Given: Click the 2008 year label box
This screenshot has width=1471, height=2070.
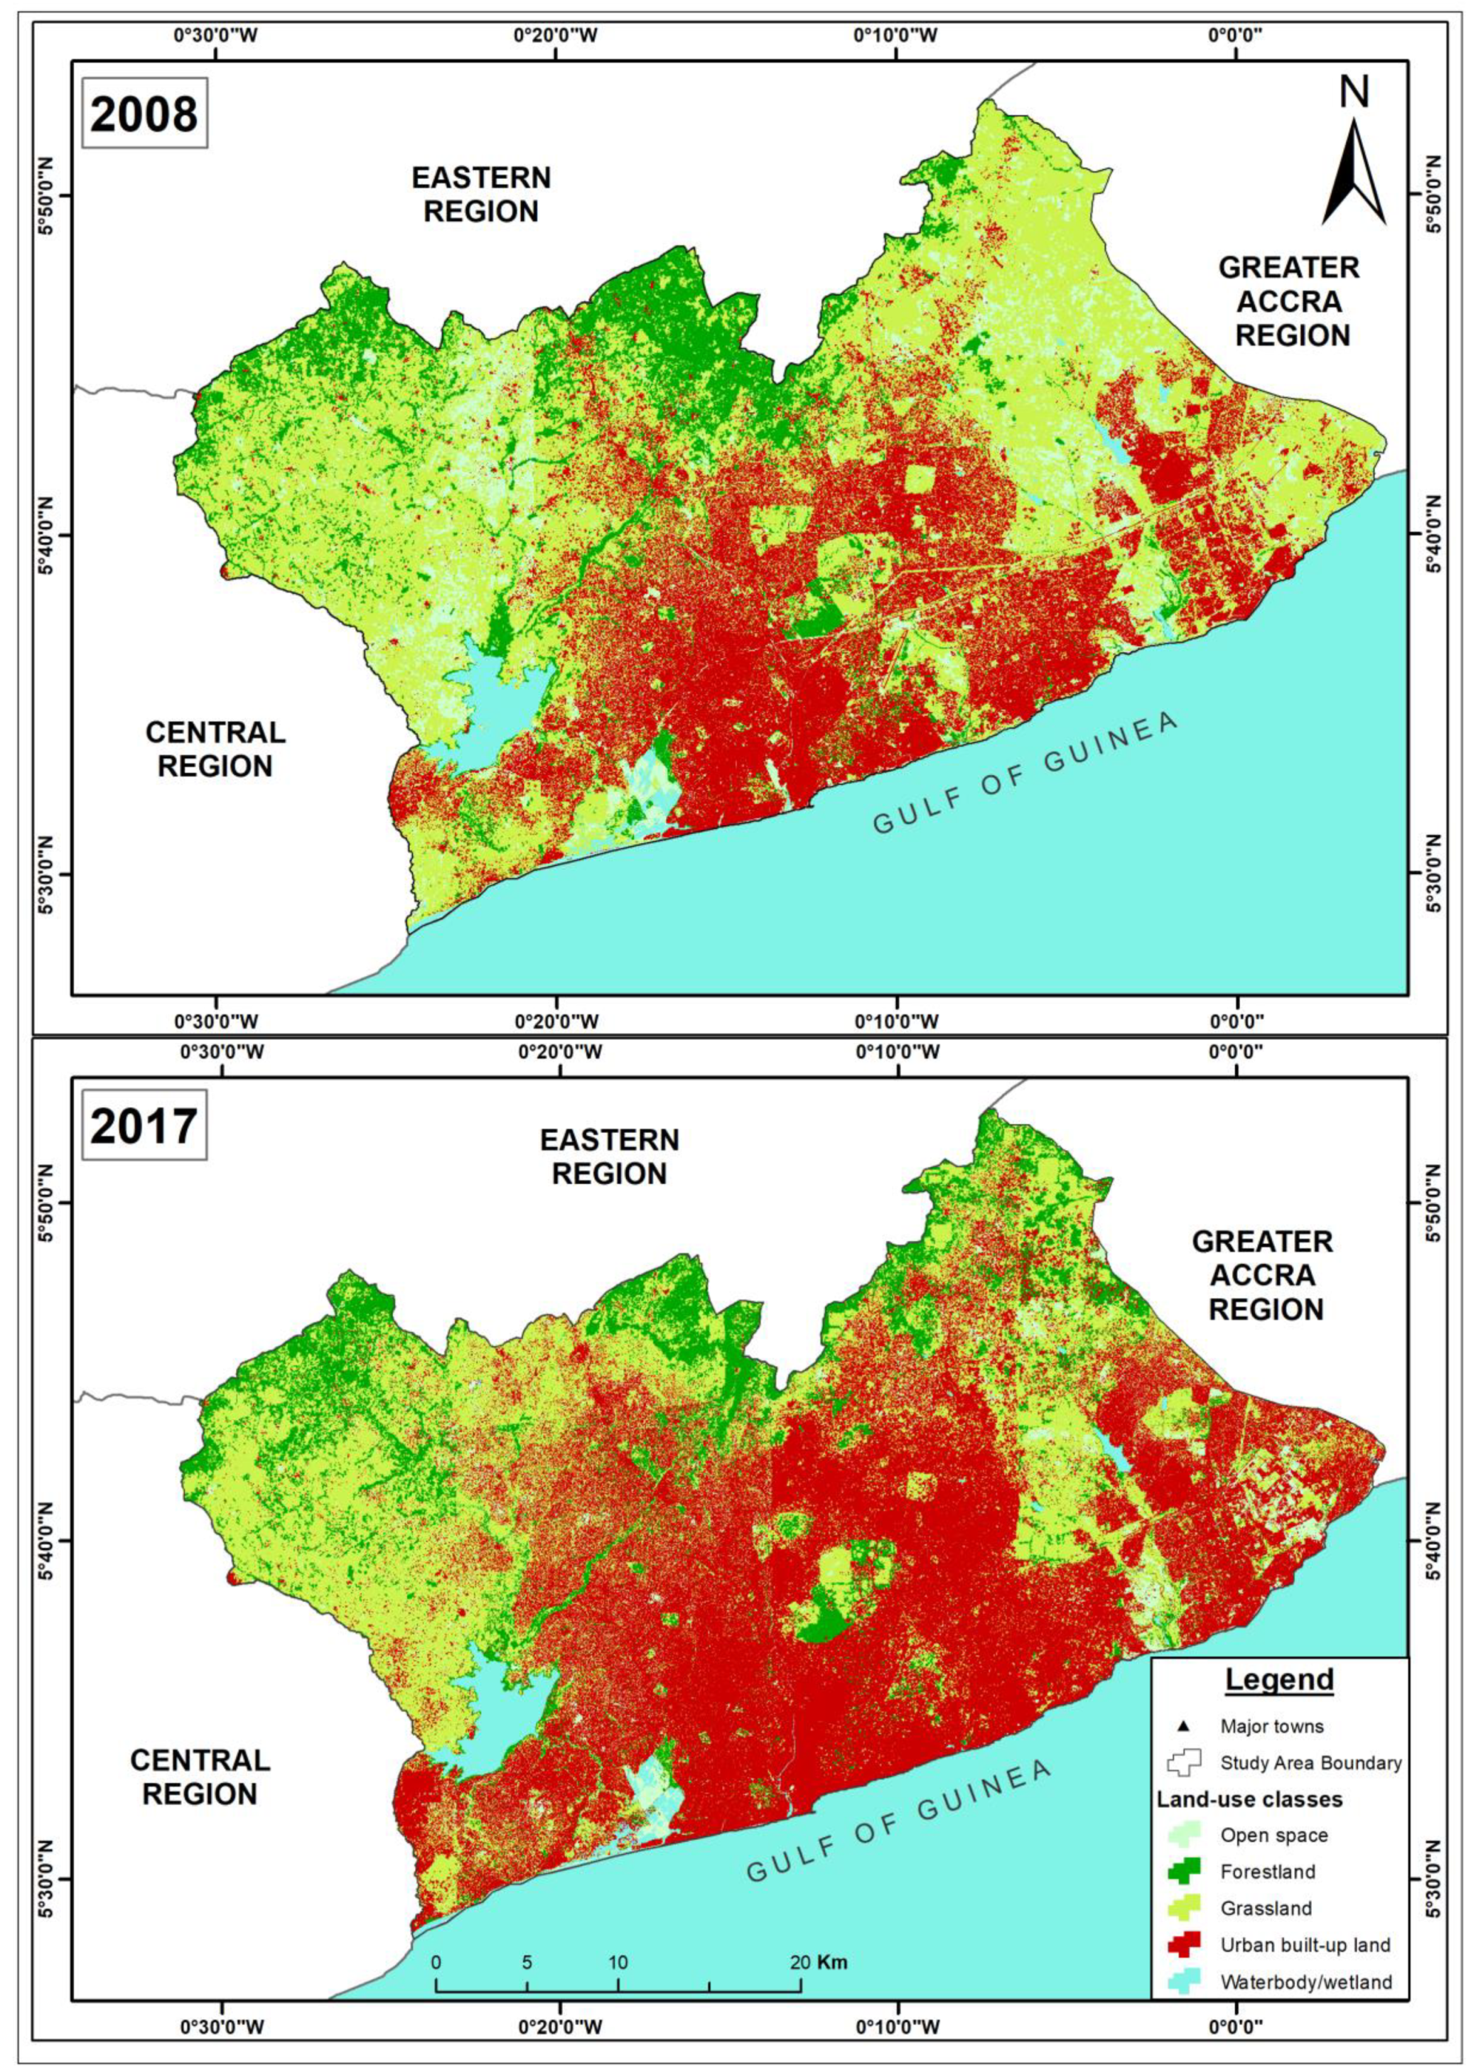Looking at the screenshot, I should pyautogui.click(x=144, y=115).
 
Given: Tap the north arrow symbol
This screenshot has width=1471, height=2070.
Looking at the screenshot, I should pyautogui.click(x=1353, y=168).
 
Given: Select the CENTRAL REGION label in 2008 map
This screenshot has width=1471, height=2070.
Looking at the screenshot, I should pyautogui.click(x=215, y=749).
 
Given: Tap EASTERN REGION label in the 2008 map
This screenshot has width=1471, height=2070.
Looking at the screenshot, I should pyautogui.click(x=481, y=194).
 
